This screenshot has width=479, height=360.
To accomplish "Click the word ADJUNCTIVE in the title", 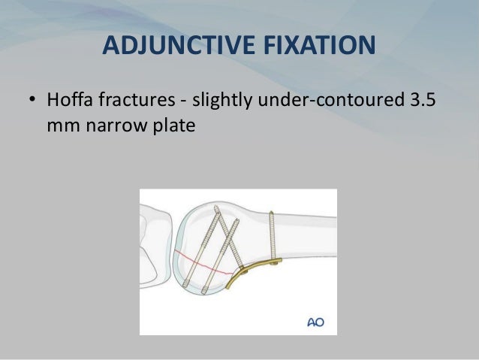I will click(x=170, y=46).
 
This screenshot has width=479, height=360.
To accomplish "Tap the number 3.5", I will click(x=417, y=100).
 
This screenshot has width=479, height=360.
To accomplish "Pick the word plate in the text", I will click(x=169, y=126).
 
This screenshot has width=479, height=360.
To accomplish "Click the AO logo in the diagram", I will click(x=316, y=322).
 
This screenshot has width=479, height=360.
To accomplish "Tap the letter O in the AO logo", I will click(x=321, y=322).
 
